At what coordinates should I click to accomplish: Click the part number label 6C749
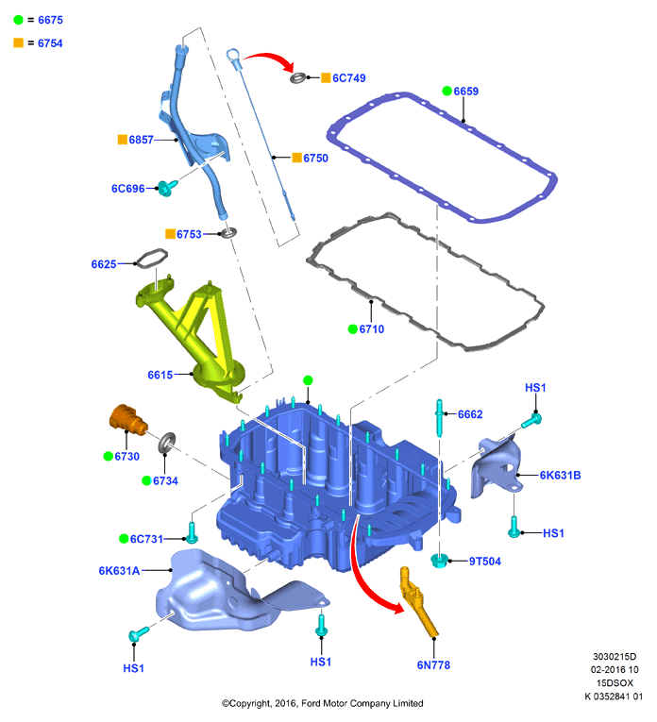coord(349,78)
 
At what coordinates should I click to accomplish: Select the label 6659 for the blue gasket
coord(466,92)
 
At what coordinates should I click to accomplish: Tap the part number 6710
coord(372,329)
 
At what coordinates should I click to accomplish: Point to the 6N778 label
coord(433,665)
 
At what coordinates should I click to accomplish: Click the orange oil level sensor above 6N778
coord(418,601)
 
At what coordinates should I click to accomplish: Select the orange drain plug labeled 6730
coord(128,419)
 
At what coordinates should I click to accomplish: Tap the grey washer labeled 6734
coord(167,443)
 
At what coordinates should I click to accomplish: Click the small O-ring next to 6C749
coord(298,77)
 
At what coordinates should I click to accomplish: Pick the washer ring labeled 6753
coord(228,232)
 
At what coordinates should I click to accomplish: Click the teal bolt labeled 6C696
coord(167,188)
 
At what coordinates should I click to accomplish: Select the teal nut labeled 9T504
coord(439,561)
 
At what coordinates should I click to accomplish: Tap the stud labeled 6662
coord(439,418)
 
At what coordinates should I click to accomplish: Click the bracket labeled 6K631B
coord(497,467)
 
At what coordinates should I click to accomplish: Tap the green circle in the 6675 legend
coord(19,20)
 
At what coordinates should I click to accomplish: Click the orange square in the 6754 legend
coord(19,42)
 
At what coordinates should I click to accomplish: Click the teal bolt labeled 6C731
coord(192,532)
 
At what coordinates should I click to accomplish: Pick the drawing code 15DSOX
coord(615,683)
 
